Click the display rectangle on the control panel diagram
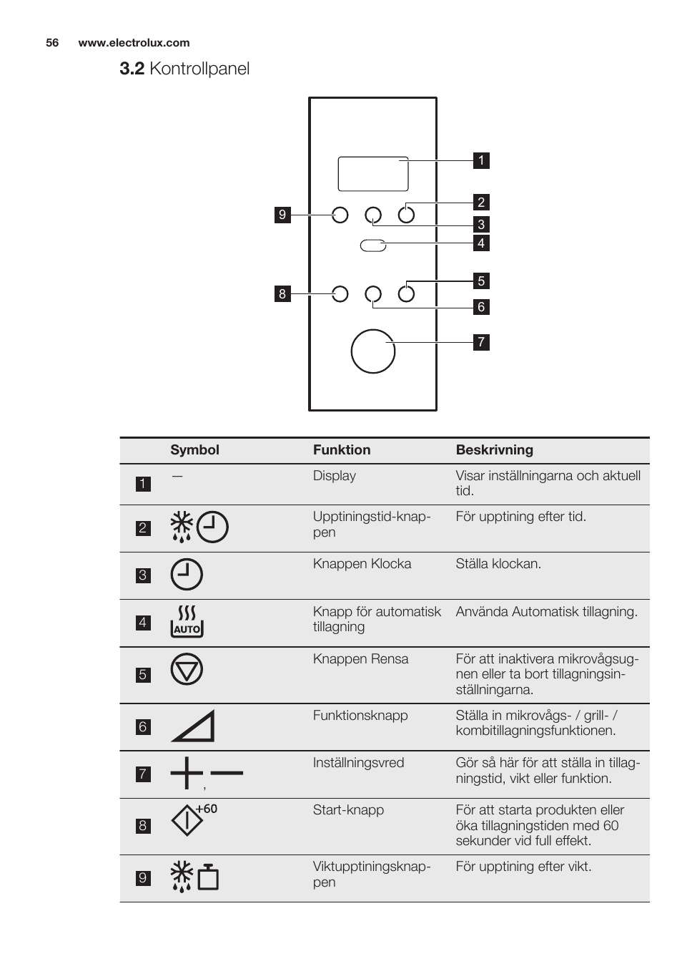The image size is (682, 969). point(372,173)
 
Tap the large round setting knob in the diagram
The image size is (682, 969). point(372,351)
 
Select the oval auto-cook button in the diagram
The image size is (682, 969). point(372,245)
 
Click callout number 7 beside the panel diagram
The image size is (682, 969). point(481,342)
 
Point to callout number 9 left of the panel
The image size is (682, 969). point(282,215)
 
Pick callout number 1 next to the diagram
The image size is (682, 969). point(481,160)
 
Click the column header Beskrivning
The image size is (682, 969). point(494,450)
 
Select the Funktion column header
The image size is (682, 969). point(342,450)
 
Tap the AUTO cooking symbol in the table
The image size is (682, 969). point(187,621)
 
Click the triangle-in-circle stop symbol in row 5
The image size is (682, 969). point(187,670)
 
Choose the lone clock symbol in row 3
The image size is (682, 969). point(187,574)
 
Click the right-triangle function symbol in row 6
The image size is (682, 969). point(193,726)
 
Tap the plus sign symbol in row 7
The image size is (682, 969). point(186,773)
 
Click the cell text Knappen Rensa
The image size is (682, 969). point(360,659)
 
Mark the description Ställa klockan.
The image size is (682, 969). point(498,564)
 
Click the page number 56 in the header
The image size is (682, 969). point(52,43)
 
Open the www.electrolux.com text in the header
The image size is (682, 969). point(134,43)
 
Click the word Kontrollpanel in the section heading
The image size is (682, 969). point(199,69)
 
